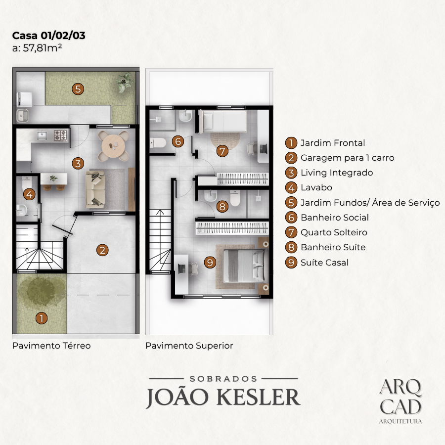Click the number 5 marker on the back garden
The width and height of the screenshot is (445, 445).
[78, 89]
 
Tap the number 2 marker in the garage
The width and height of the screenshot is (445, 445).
[102, 250]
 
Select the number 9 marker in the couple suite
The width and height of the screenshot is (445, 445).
[210, 262]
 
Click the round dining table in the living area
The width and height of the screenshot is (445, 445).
[113, 146]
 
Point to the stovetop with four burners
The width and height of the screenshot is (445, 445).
[60, 135]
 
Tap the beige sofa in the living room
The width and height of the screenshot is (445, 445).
[95, 189]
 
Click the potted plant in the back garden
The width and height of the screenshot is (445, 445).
[124, 82]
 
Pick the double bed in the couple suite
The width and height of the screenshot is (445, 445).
[245, 266]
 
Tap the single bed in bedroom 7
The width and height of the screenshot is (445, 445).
[223, 122]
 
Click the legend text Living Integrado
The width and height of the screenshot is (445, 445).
[337, 173]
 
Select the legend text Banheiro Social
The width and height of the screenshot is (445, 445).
[335, 218]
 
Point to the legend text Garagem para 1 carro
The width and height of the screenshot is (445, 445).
[348, 158]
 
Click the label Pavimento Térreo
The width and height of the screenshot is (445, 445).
[51, 346]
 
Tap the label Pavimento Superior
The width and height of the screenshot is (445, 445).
[189, 346]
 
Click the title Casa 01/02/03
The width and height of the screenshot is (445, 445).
[48, 36]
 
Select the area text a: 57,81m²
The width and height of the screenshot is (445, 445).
[37, 48]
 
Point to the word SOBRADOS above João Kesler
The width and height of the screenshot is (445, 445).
[223, 379]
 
